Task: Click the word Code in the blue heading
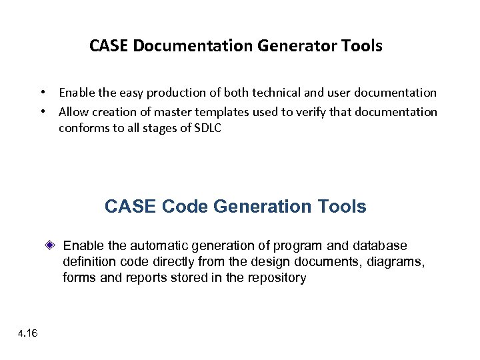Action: pyautogui.click(x=185, y=207)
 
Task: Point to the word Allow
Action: pyautogui.click(x=73, y=111)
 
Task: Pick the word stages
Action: pyautogui.click(x=159, y=128)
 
